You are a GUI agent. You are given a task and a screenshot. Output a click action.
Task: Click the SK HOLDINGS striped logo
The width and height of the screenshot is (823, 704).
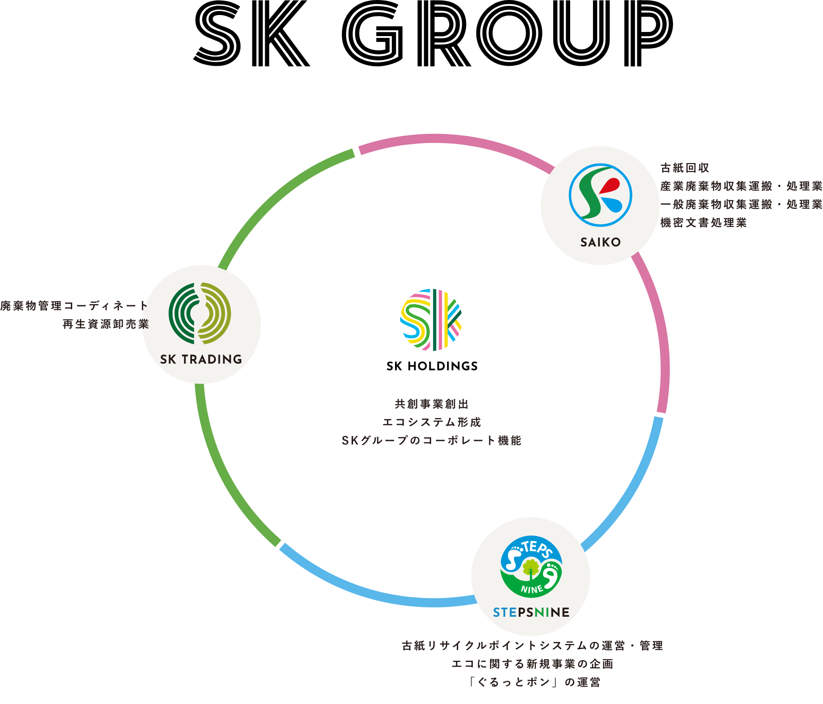[x=431, y=320]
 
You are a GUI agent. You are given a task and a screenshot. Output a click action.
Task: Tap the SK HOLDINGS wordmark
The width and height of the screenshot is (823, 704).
[x=432, y=366]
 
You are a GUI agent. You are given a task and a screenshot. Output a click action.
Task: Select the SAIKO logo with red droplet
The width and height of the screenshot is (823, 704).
[x=600, y=195]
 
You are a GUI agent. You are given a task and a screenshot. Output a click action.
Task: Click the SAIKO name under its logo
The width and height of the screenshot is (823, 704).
[x=600, y=242]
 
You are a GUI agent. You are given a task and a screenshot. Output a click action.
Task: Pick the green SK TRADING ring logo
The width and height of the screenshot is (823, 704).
[x=200, y=313]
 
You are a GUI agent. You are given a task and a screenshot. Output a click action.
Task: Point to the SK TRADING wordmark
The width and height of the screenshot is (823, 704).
[x=201, y=360]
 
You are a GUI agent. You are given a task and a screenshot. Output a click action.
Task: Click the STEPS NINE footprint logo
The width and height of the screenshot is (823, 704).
[x=531, y=566]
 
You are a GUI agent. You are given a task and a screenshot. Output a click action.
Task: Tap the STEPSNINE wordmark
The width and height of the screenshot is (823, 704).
[x=531, y=612]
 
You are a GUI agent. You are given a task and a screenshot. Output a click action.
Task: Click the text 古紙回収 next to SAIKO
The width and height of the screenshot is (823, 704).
[x=684, y=168]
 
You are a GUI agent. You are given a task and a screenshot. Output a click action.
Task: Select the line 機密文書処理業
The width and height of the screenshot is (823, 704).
[x=703, y=223]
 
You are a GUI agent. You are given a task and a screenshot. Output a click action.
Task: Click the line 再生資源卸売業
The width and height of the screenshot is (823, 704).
[x=106, y=324]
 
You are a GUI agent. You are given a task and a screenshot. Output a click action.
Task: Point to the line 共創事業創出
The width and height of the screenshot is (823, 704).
[x=432, y=404]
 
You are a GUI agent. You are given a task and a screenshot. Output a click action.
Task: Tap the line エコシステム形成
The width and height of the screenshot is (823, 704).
[x=432, y=423]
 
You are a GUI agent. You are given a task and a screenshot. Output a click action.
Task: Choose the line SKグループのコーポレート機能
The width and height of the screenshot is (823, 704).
[x=432, y=441]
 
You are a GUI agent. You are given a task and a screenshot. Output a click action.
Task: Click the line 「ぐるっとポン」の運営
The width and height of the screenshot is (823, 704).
[x=534, y=683]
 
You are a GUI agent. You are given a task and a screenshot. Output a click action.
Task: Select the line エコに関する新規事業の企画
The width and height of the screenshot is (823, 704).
[x=532, y=664]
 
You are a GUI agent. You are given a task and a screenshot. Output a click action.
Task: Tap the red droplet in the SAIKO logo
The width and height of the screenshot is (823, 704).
[x=610, y=185]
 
